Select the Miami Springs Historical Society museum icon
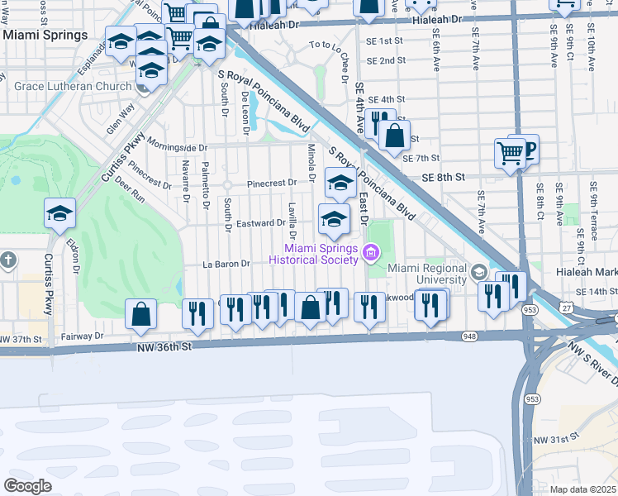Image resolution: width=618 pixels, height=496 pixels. coord(370,251)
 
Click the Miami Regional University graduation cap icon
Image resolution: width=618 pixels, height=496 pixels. coord(478,272)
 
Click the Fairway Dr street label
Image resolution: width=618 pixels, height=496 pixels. coord(83,336)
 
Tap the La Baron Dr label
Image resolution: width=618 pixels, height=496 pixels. coord(226,265)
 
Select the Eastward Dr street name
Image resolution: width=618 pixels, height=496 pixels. coord(260,223)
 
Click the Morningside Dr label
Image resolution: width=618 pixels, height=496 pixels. coord(177,147)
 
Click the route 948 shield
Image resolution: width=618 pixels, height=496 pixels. coord(470,336)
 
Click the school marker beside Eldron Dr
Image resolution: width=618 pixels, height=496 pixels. coord(60,214)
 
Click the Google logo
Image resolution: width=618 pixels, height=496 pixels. coord(27,485)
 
